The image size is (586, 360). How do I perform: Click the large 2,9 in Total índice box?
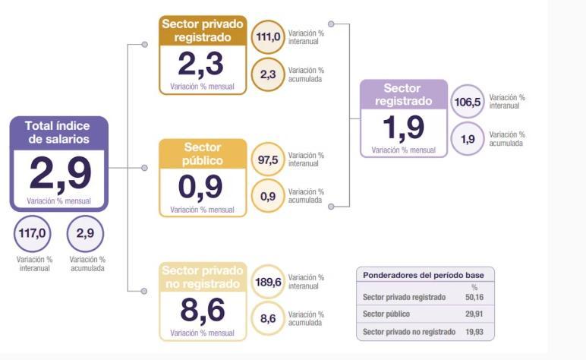(x=60, y=172)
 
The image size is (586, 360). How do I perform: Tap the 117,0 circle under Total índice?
(x=32, y=233)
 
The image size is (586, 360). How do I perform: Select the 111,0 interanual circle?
(x=268, y=36)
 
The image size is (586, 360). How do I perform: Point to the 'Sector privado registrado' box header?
(x=203, y=30)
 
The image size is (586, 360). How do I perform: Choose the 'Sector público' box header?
(x=203, y=154)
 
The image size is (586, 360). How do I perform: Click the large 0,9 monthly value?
(x=201, y=187)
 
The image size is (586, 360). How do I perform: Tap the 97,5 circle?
(x=268, y=159)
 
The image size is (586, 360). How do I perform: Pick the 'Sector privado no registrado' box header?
(x=203, y=277)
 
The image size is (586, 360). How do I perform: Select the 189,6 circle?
(x=268, y=282)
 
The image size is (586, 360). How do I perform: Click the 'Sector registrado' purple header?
(x=402, y=95)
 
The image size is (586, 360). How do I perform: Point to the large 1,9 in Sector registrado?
(x=403, y=128)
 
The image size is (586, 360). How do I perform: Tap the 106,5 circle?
(x=468, y=101)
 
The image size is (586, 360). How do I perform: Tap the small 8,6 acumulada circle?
(x=268, y=319)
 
